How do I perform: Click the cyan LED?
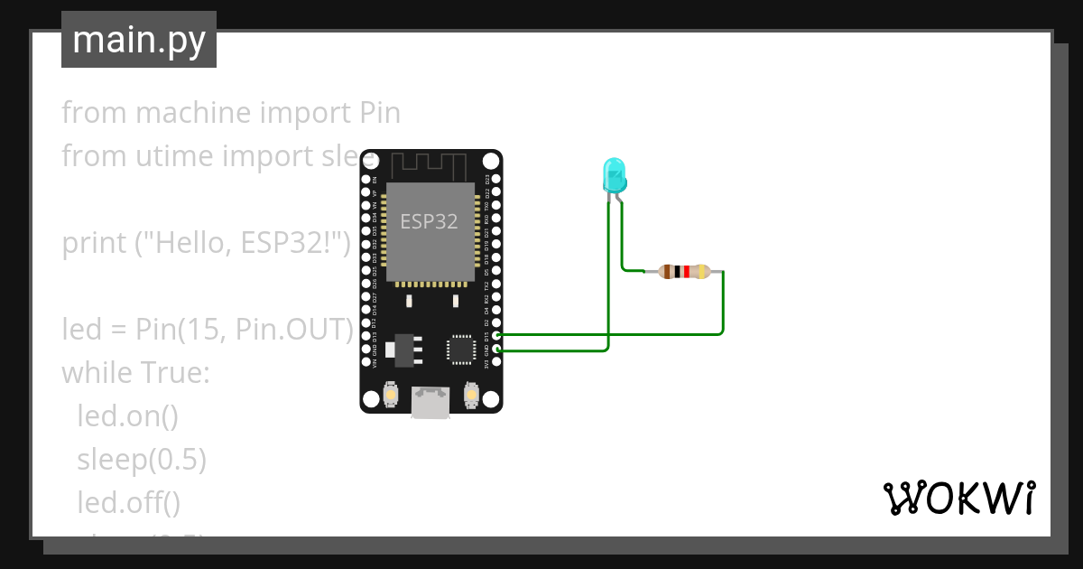pos(614,174)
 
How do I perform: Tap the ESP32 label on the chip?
pos(429,221)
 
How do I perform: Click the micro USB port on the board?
pos(431,402)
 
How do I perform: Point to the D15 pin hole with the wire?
pos(495,335)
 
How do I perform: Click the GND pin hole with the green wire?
pos(495,349)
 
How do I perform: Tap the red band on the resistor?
pos(687,271)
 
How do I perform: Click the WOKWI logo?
pos(958,498)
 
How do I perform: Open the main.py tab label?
pos(139,40)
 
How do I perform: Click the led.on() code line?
pos(127,416)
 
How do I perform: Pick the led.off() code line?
pos(129,502)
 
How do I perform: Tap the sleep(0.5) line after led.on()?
pos(142,460)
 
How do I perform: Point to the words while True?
pos(135,372)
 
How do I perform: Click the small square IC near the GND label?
pos(460,349)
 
